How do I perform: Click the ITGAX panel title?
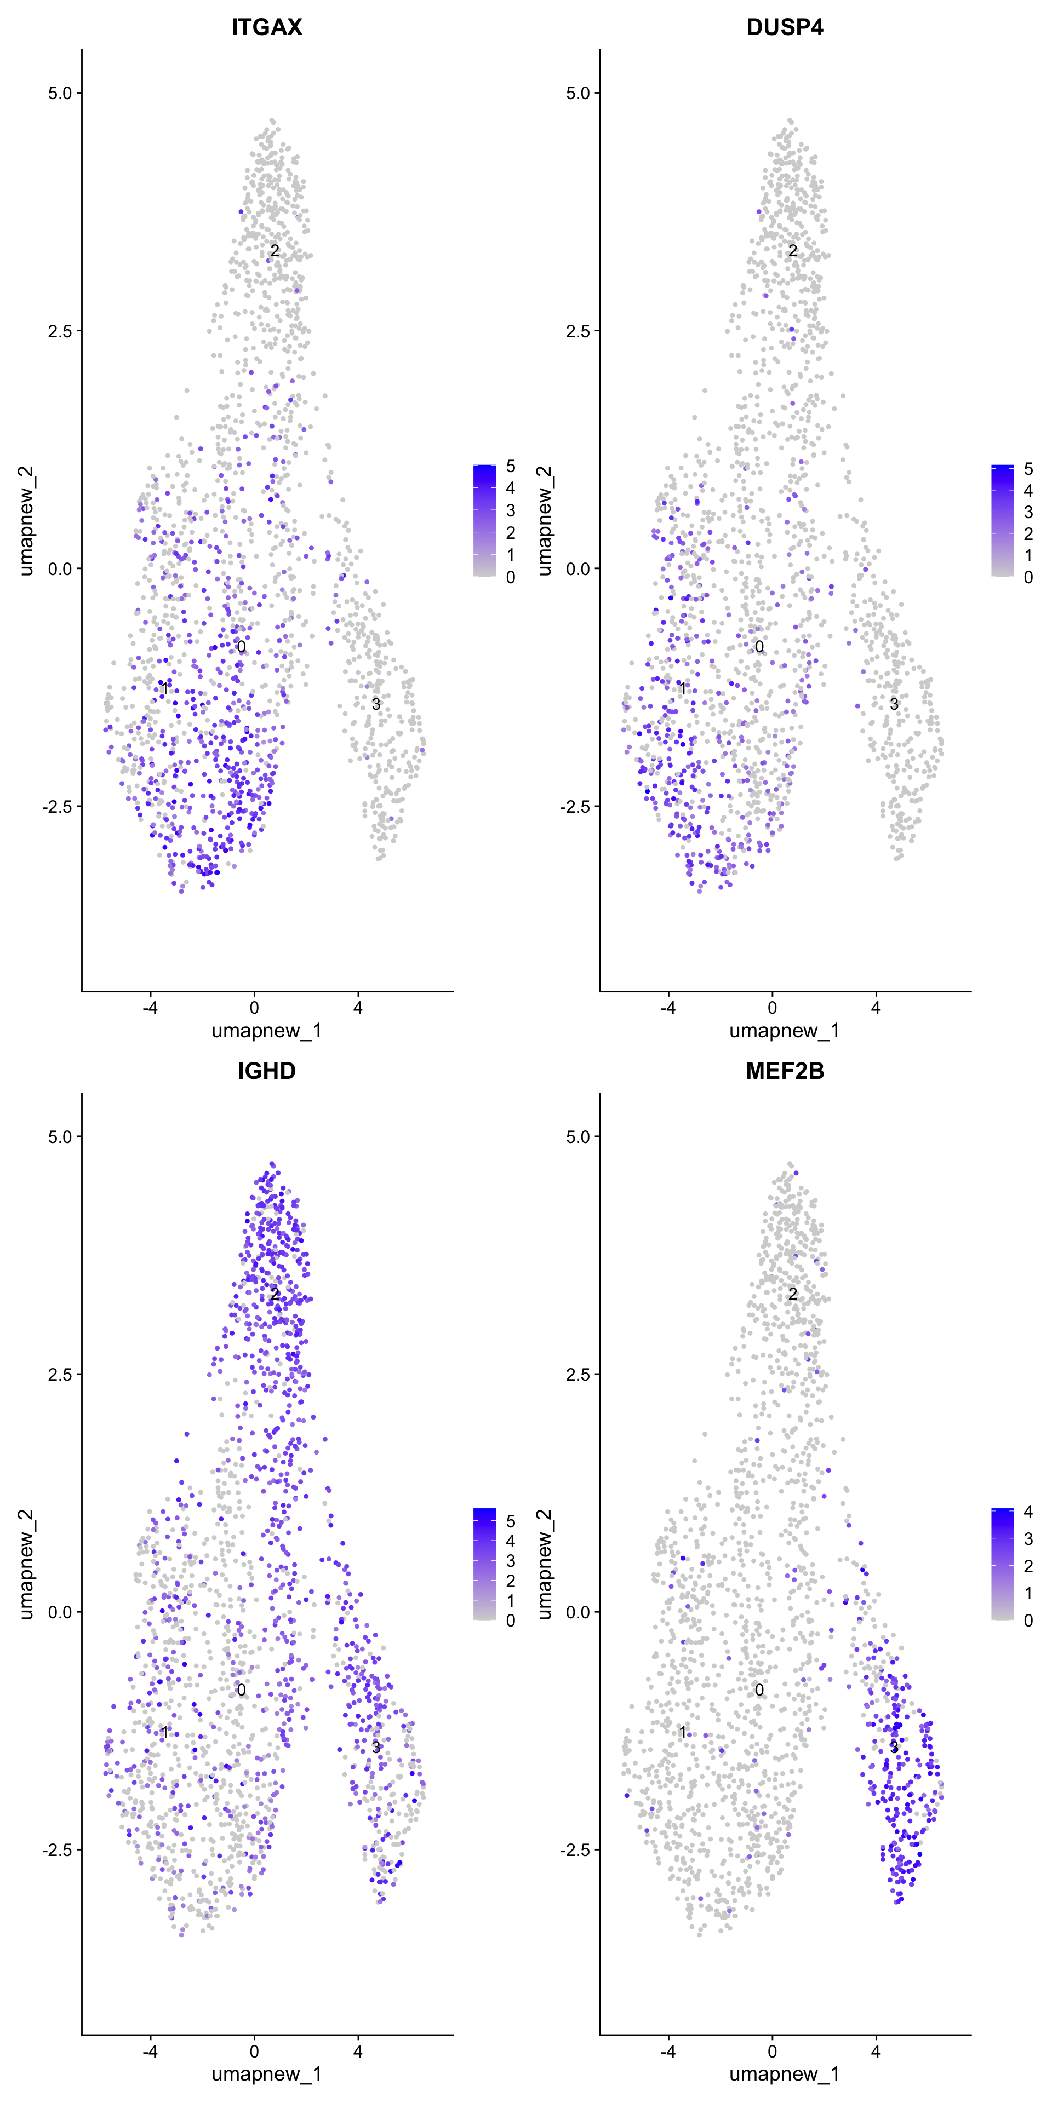266,27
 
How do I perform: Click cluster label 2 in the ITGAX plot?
275,251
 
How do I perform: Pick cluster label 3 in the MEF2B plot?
894,1747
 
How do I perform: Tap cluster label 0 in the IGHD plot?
241,1690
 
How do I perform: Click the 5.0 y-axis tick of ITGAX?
60,93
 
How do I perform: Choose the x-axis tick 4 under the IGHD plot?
358,2051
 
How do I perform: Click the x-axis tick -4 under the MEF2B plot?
668,2051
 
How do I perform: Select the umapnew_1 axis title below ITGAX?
266,1031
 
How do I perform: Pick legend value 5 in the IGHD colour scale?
511,1521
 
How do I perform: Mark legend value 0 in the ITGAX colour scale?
511,577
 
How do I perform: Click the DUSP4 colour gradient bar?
1002,521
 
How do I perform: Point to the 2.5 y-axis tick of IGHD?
60,1374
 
